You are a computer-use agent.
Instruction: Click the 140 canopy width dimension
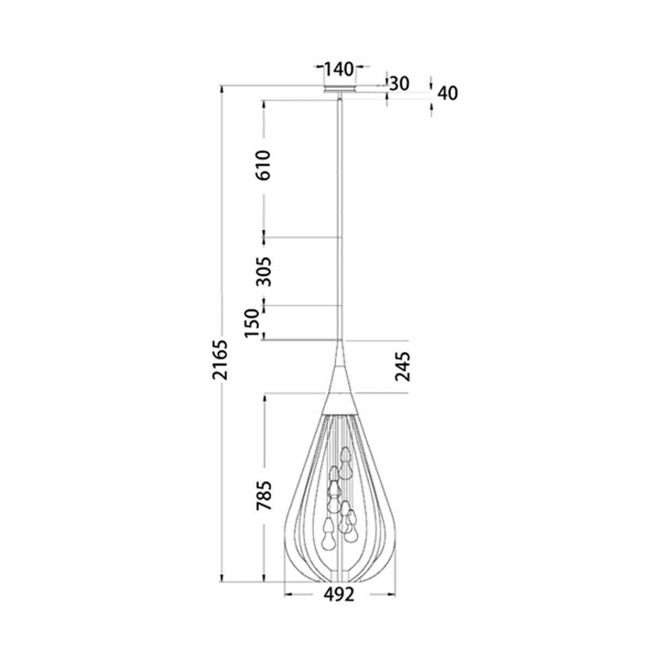(339, 69)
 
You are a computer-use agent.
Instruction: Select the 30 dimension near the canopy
(399, 83)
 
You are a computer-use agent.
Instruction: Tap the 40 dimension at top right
(447, 93)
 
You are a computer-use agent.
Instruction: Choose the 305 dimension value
(263, 272)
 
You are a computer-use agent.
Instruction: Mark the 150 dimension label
(251, 323)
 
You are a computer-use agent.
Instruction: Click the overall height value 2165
(220, 360)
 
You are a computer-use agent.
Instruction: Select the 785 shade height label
(263, 495)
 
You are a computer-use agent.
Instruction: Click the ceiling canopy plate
(340, 89)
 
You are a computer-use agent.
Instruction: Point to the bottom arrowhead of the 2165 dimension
(221, 578)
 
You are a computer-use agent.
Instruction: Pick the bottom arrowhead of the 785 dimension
(265, 578)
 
